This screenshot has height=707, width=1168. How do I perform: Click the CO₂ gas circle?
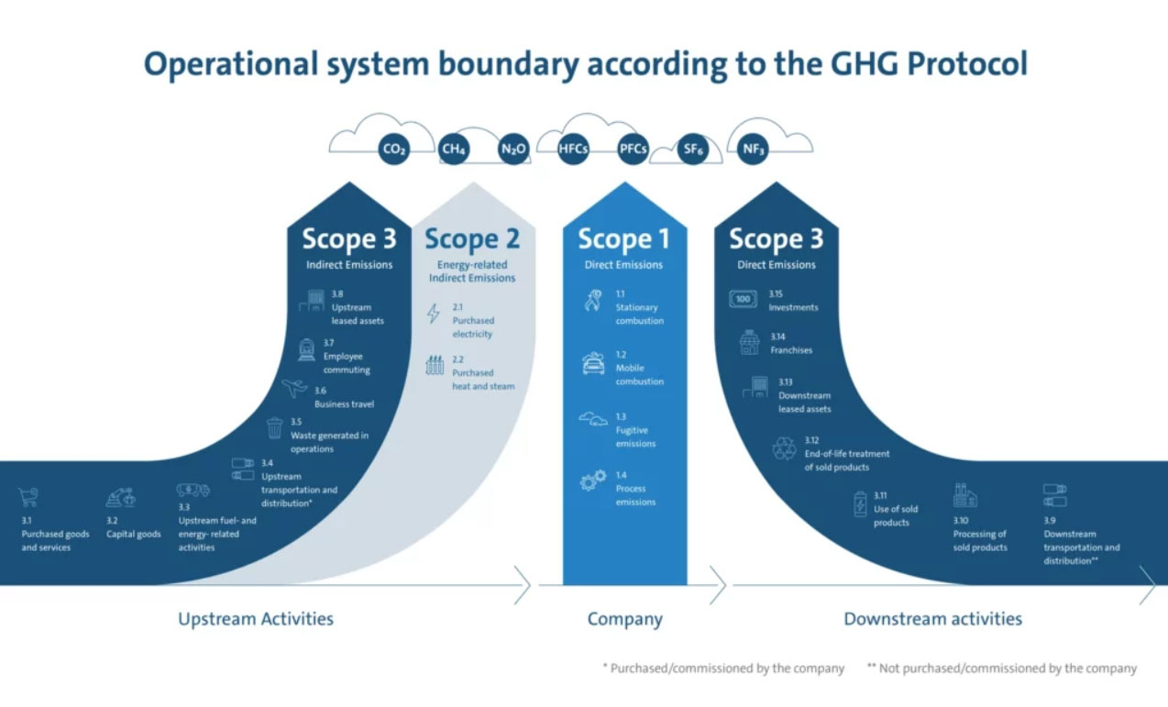coord(393,149)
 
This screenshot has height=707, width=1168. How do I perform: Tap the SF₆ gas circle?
coord(693,149)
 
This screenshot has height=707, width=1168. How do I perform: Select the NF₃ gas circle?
coord(753,149)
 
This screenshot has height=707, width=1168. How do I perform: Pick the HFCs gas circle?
coord(573,149)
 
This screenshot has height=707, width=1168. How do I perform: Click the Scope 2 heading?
coord(472,239)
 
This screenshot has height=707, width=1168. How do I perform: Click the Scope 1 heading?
coord(623,239)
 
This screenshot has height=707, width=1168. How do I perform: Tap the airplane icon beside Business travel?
coord(294,388)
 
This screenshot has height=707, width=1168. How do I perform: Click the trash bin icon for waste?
coord(274,428)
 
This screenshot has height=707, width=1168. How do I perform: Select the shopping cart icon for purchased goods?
coord(28,497)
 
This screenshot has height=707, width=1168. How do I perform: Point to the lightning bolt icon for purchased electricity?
coord(434,314)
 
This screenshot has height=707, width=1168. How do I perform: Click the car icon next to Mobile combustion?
coord(593,363)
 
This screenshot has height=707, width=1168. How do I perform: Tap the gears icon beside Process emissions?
coord(593,481)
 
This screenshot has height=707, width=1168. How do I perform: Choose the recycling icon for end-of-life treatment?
coord(784,448)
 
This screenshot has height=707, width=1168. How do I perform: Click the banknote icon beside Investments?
coord(743,299)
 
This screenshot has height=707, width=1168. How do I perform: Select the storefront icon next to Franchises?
coord(749,343)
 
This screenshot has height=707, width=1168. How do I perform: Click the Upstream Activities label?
coord(256,619)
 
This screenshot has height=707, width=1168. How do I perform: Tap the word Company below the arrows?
coord(624,620)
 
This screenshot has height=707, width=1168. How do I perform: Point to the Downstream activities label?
coord(932,619)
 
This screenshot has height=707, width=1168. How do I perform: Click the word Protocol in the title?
coord(967,63)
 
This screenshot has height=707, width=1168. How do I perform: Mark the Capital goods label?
coord(134,535)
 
